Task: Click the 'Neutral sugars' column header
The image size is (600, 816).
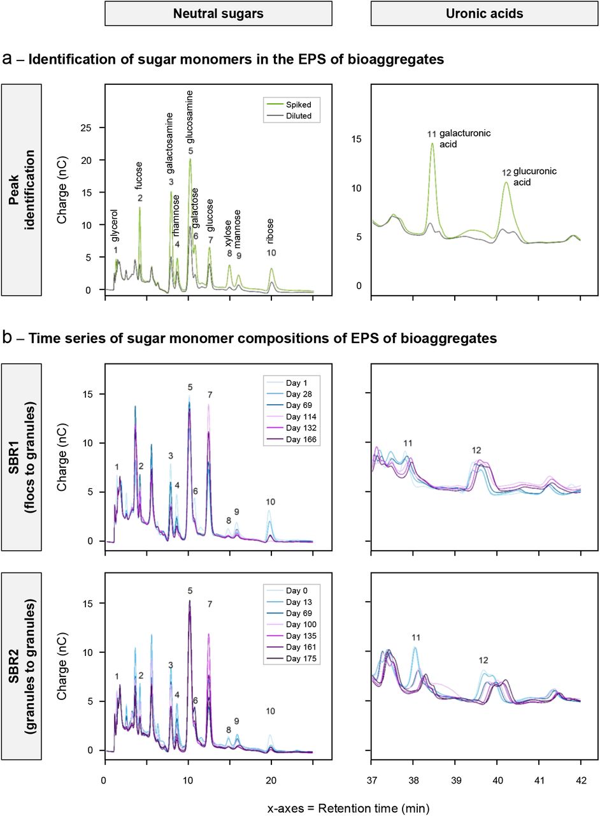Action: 218,13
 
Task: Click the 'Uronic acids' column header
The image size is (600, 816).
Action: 484,13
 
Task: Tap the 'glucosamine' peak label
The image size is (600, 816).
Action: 190,118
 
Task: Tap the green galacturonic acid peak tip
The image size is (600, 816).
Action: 432,143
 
